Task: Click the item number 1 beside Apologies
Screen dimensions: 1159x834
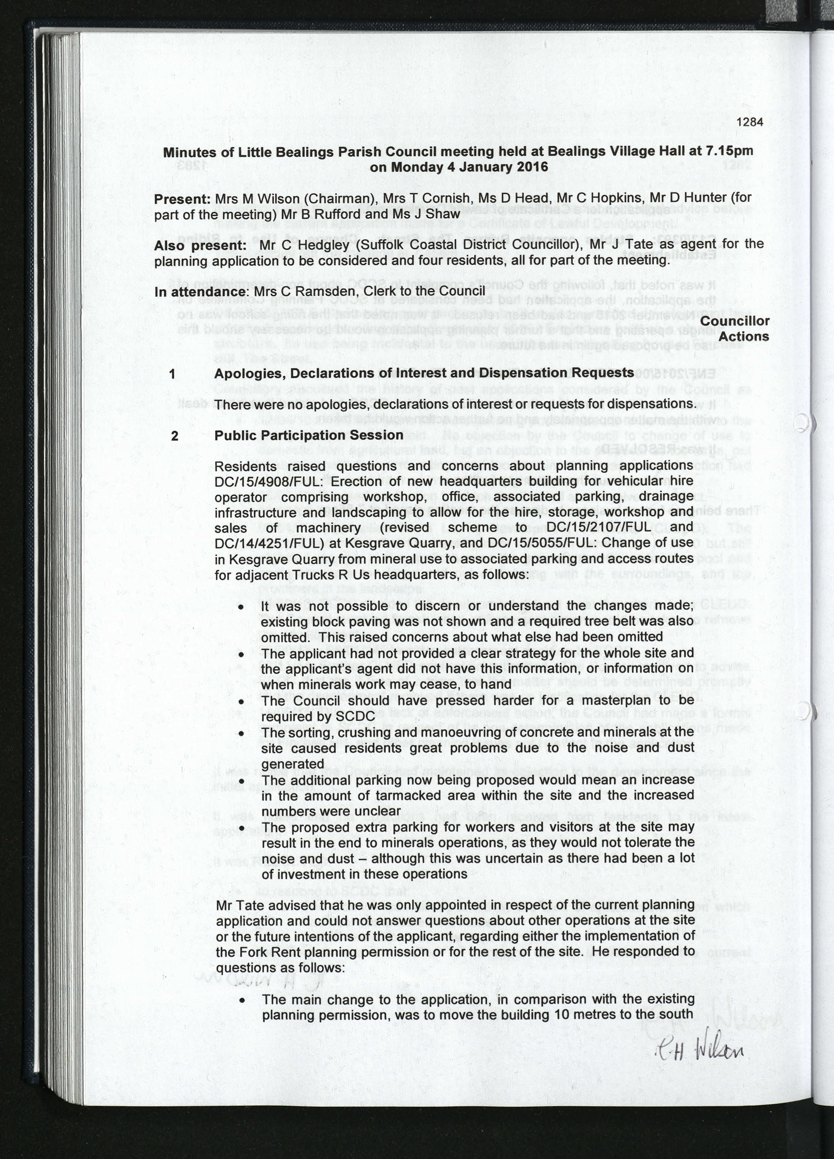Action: [173, 374]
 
